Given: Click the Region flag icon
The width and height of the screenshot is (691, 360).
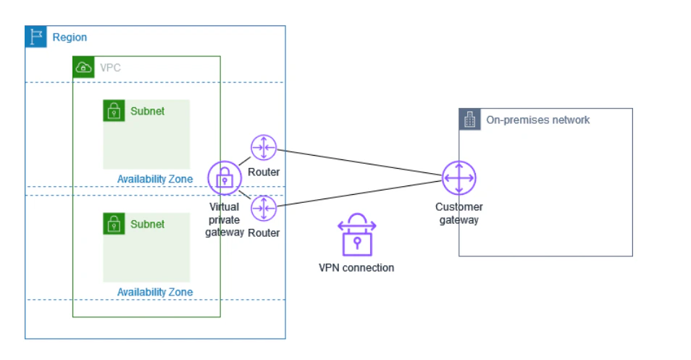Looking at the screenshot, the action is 35,36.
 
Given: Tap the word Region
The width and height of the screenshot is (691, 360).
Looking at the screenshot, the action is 70,38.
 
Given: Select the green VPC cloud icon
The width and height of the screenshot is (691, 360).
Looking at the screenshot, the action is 83,67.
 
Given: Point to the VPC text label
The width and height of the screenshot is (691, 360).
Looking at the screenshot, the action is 110,68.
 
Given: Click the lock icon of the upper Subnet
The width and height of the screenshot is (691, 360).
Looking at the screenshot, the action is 114,111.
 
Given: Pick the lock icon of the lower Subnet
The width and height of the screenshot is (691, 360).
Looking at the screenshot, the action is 114,224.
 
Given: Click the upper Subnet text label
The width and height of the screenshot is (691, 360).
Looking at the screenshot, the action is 147,111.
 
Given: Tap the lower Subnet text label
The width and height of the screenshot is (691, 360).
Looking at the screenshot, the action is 147,225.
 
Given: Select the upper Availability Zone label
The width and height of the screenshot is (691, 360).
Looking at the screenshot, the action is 155,179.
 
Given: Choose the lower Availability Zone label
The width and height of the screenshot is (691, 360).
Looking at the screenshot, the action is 155,292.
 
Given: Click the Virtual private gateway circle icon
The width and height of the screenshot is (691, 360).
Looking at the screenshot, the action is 225,178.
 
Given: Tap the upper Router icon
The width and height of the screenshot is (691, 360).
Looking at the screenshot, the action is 264,148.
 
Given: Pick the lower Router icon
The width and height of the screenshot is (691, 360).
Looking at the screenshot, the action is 264,208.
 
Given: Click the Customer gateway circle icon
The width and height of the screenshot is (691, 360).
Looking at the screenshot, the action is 458,178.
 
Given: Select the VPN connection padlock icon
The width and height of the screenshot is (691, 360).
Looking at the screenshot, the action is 357,235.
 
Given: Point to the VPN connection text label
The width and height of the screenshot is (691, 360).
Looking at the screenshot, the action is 356,268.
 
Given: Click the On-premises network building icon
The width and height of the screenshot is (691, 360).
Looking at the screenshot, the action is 470,120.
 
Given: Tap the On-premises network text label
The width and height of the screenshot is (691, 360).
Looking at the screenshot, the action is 537,120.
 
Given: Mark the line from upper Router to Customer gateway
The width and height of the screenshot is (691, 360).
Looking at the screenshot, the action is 359,162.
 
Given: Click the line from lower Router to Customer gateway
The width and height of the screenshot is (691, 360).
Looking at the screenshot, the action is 359,193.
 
